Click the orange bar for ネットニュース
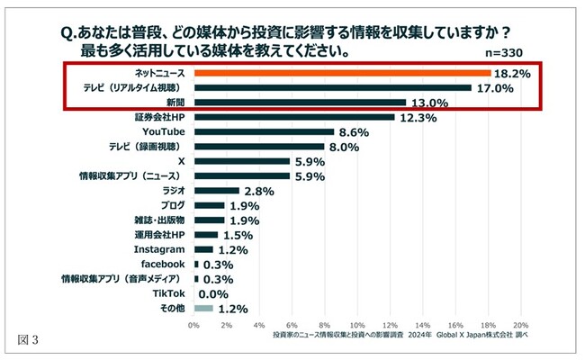pos(342,73)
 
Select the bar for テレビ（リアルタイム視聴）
pos(332,87)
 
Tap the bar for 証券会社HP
pos(294,117)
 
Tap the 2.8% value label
pos(258,191)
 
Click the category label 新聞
pos(172,103)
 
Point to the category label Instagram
pos(159,249)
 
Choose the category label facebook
pos(163,264)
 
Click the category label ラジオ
pos(171,191)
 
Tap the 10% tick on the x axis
pos(357,325)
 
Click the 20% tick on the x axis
pos(520,325)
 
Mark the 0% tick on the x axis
pos(193,325)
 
